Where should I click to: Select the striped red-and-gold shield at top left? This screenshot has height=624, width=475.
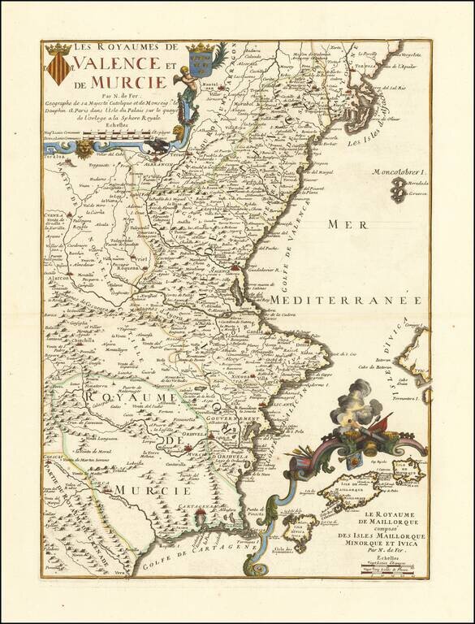click(x=58, y=67)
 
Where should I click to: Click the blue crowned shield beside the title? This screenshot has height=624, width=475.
click(x=198, y=58)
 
